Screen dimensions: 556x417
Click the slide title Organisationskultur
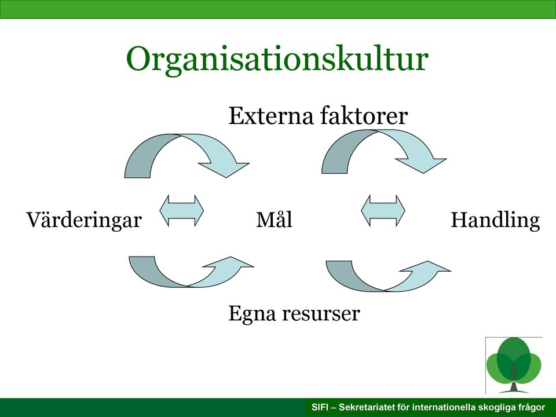pos(277,60)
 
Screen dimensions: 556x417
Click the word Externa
pos(271,116)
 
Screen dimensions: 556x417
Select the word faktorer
pos(364,116)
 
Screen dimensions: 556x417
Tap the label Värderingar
pos(84,220)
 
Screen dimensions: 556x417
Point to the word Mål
pos(274,219)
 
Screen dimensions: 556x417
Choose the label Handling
pos(495,220)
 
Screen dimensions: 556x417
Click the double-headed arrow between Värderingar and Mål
pos(181,211)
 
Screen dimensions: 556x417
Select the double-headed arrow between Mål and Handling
pos(383,211)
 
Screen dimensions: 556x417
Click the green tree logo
pos(514,365)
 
